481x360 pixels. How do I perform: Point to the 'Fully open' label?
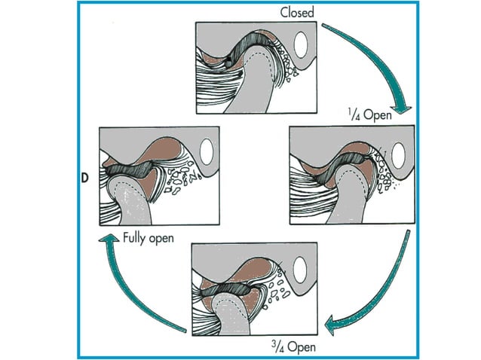149,238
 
